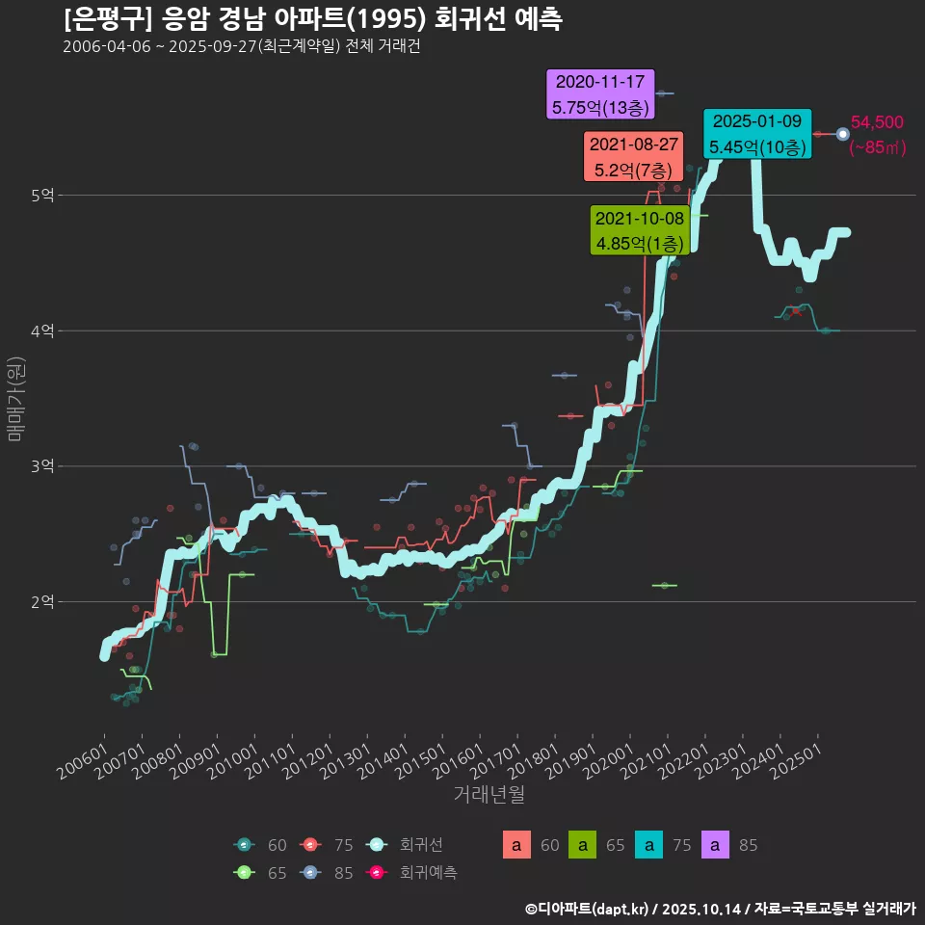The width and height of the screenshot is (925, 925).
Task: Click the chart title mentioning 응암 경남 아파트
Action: [313, 18]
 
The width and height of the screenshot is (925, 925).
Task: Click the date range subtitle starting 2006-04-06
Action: [241, 46]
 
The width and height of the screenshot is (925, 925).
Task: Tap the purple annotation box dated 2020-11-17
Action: [600, 94]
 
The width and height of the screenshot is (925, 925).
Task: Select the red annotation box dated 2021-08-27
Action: [633, 157]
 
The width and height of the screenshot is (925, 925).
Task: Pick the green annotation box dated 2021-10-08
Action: [639, 230]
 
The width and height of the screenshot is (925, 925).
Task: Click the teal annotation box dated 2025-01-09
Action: [756, 134]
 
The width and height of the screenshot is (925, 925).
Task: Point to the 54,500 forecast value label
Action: [877, 122]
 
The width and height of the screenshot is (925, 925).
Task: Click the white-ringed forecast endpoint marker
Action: [843, 134]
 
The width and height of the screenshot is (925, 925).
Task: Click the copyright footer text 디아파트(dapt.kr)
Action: [588, 908]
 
